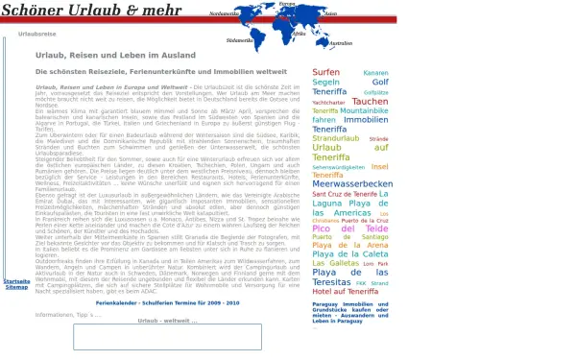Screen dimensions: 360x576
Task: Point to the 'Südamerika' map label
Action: (x=239, y=41)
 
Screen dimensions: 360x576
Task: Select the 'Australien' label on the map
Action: (x=340, y=43)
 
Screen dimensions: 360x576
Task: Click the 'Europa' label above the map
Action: (x=287, y=4)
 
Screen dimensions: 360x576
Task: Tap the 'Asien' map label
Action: (x=330, y=14)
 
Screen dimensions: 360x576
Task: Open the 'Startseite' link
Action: (x=16, y=281)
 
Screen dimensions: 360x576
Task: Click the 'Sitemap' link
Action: (x=16, y=287)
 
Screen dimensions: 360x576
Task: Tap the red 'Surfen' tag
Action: (x=326, y=72)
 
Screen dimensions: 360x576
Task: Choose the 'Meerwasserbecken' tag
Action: (x=352, y=183)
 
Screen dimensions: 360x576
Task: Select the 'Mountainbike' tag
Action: (x=365, y=110)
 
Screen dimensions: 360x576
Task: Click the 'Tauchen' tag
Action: (x=370, y=101)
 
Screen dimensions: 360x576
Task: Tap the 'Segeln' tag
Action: (x=325, y=83)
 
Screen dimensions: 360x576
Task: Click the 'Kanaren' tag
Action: (x=375, y=73)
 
